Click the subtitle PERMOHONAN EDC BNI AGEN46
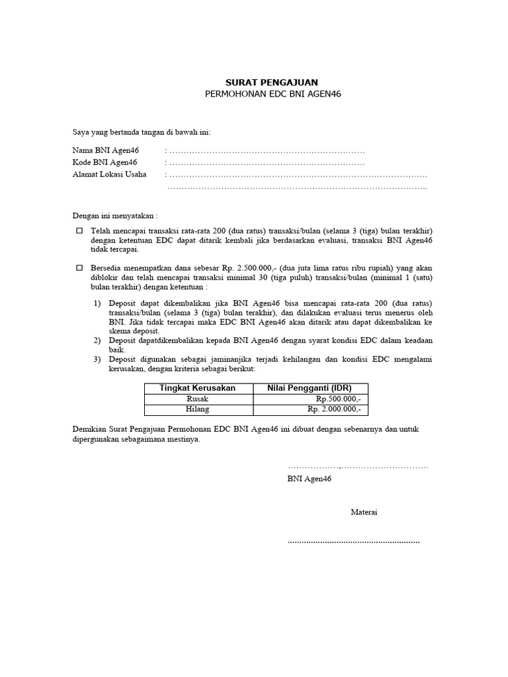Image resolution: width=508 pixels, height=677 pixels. (x=272, y=95)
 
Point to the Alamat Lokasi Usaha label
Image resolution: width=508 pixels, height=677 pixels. (x=109, y=175)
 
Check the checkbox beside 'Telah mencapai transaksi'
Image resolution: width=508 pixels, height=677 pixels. (x=79, y=231)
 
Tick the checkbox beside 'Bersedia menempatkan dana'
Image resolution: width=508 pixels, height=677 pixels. (x=79, y=268)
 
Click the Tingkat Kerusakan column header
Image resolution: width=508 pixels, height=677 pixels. (x=197, y=388)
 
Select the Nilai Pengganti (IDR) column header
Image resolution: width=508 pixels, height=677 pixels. (x=310, y=388)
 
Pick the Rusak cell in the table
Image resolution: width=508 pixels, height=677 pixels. (x=198, y=399)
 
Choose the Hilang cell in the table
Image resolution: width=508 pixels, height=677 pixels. (x=198, y=409)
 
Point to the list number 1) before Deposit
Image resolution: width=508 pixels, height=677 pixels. (x=97, y=302)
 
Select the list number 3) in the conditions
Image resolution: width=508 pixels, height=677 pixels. (x=97, y=359)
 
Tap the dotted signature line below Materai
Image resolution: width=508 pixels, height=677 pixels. (x=353, y=541)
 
